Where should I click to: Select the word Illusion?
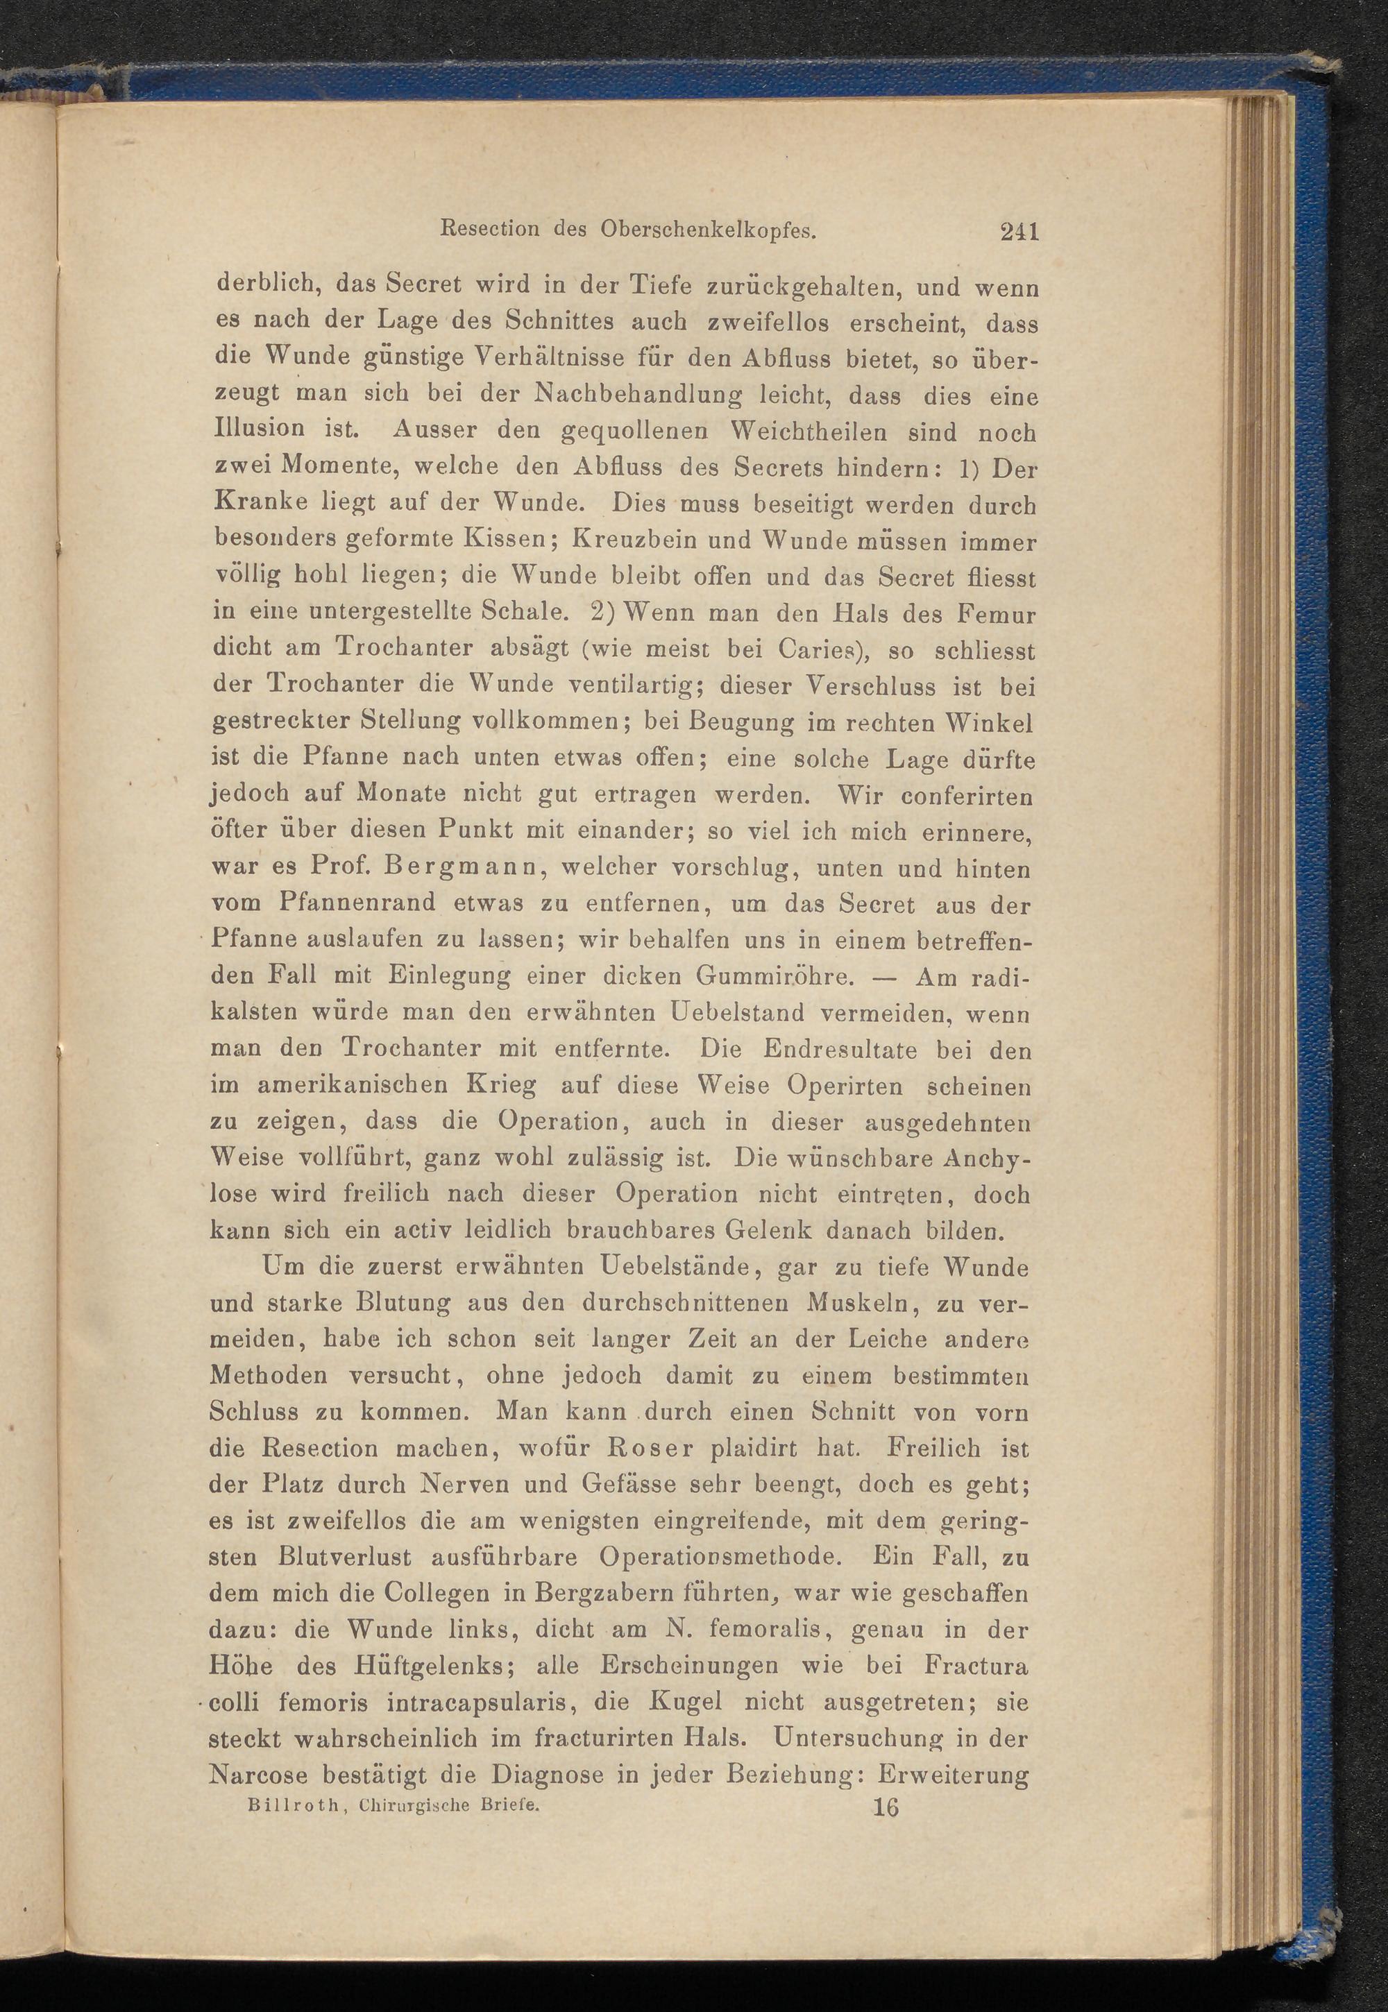click(258, 429)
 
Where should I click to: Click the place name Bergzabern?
click(594, 1594)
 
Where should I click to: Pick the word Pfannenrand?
click(357, 904)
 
